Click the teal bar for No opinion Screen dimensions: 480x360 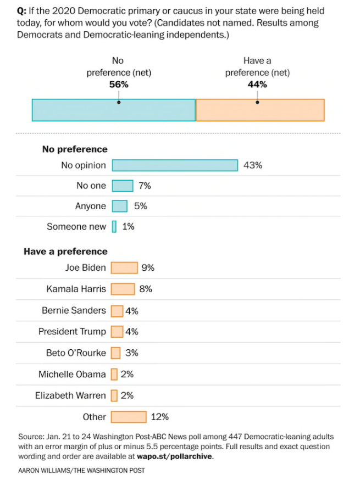click(x=175, y=165)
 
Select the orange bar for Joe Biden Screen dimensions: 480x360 click(x=124, y=268)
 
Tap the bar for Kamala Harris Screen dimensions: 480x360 click(x=123, y=289)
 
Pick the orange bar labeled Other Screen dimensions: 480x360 click(x=129, y=417)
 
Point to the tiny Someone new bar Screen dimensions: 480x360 click(x=114, y=226)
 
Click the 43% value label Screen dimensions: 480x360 click(x=253, y=165)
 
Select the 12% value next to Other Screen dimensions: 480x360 click(x=159, y=417)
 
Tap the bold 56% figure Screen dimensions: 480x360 click(x=119, y=85)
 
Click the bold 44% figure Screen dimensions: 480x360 click(x=257, y=85)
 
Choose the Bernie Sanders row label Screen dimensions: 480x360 click(x=74, y=310)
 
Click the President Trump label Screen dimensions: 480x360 click(x=72, y=332)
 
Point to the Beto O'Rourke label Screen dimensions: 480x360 click(x=76, y=353)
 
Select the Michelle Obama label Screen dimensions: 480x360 click(x=72, y=374)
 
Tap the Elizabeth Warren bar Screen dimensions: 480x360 click(x=114, y=395)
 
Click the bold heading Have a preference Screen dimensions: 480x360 click(x=65, y=252)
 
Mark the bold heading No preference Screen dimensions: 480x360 click(x=75, y=149)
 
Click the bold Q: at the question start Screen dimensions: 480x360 click(x=24, y=12)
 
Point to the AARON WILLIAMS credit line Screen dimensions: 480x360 click(x=82, y=471)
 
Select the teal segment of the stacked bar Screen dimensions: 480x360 click(x=113, y=110)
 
